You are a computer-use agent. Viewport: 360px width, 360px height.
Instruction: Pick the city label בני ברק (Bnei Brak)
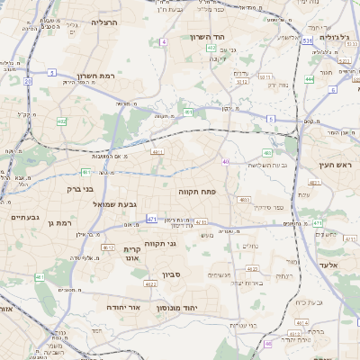pos(80,189)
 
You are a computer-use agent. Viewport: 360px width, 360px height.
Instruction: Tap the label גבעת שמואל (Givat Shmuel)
pos(115,204)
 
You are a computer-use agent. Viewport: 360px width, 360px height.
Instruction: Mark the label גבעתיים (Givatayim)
pos(24,218)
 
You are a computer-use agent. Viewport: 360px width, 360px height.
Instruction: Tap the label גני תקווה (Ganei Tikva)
pos(184,243)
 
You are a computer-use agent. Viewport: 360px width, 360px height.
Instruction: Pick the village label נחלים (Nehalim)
pos(251,246)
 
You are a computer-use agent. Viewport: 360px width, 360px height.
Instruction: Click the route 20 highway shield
pos(28,81)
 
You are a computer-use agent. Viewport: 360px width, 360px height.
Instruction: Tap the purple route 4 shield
pos(164,42)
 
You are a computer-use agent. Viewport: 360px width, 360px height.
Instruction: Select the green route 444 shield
pos(310,79)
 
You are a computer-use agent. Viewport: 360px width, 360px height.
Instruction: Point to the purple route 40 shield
pos(225,162)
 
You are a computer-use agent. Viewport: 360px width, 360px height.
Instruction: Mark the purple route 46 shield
pos(267,343)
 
